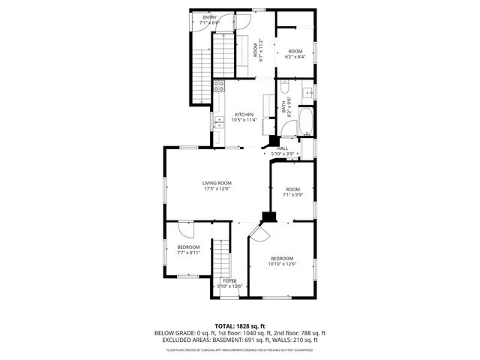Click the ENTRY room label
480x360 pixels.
tap(208, 17)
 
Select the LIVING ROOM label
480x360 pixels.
tap(217, 183)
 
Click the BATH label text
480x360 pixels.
tap(283, 107)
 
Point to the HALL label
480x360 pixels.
tap(283, 148)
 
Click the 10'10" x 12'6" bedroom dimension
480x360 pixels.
tap(283, 263)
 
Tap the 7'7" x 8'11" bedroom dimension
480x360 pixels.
tap(188, 253)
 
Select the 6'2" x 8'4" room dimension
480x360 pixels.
tap(295, 55)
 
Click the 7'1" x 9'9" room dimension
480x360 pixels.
tap(292, 194)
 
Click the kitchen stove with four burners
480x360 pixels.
tap(219, 85)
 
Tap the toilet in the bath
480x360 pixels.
tap(307, 94)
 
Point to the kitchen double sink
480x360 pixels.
tap(268, 103)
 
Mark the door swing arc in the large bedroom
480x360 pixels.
tap(257, 234)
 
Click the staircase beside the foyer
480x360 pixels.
tap(219, 259)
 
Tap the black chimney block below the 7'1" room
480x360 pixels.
tap(268, 217)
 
